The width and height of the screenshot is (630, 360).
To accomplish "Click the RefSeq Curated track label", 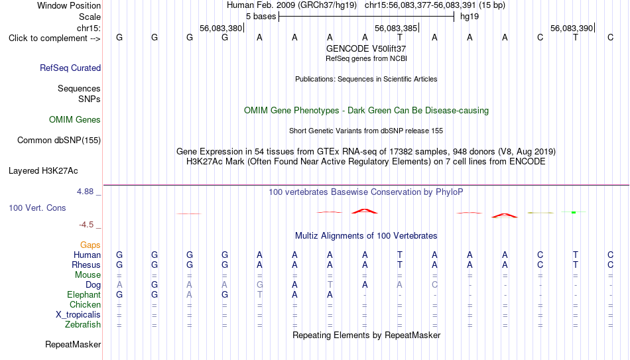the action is [70, 68].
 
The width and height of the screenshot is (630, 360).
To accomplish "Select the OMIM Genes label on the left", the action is [75, 120].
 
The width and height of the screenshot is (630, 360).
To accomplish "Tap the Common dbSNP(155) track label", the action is [59, 141].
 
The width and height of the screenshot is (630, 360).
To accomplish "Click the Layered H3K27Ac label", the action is [43, 171].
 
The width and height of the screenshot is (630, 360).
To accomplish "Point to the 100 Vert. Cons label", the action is [37, 208].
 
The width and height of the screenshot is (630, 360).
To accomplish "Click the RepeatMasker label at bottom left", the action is [73, 344].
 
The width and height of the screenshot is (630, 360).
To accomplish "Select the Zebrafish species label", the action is [83, 324].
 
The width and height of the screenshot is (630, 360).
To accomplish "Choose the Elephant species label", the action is [84, 294].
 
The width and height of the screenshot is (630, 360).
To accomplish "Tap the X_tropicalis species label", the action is [78, 315].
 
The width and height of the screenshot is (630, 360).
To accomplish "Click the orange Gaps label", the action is [90, 245].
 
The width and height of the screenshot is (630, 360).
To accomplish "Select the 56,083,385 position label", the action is [396, 28].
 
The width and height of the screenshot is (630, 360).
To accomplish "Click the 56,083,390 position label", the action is [572, 28].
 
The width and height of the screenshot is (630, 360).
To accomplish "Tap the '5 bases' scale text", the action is [261, 17].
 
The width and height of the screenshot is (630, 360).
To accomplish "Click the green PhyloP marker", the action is [574, 212].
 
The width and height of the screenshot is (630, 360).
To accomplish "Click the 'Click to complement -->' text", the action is [54, 38].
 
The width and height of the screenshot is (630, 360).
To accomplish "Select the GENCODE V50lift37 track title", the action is [366, 48].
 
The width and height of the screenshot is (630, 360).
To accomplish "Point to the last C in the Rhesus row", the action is [610, 265].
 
